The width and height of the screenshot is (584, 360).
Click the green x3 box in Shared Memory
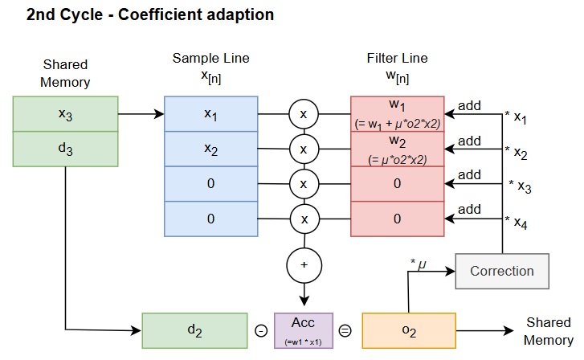(66, 114)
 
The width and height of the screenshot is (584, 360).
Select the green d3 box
(66, 149)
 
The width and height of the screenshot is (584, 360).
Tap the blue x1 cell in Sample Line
(210, 114)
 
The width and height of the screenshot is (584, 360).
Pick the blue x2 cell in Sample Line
(210, 149)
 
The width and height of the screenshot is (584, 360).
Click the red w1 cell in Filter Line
(397, 114)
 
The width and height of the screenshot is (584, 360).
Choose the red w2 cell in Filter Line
(397, 149)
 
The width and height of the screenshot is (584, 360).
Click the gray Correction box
(502, 271)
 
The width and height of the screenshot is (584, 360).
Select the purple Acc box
(303, 330)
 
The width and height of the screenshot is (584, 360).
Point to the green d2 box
(195, 330)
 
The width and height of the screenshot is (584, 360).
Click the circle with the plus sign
(303, 264)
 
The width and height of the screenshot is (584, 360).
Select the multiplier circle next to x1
(303, 114)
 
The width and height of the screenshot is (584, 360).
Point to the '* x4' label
(517, 220)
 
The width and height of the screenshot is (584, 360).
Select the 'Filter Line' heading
(397, 59)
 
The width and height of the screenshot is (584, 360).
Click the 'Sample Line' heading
(210, 59)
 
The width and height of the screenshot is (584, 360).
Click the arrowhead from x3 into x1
(160, 114)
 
